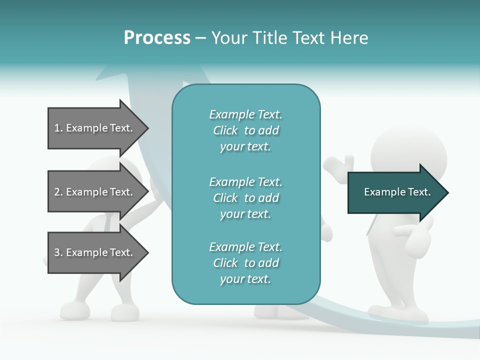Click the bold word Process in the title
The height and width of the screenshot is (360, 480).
(x=157, y=38)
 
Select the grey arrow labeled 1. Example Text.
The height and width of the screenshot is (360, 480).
(x=95, y=128)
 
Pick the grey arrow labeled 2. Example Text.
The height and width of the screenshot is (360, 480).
(x=95, y=192)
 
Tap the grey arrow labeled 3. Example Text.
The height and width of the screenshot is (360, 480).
(x=95, y=252)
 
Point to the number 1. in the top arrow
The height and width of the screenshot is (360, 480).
(x=58, y=128)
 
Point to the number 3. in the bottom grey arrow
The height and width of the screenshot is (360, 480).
(x=58, y=252)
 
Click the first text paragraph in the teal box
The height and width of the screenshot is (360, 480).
(x=245, y=130)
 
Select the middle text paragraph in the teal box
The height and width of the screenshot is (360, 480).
(x=245, y=198)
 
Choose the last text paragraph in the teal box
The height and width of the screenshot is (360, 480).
(x=245, y=263)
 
